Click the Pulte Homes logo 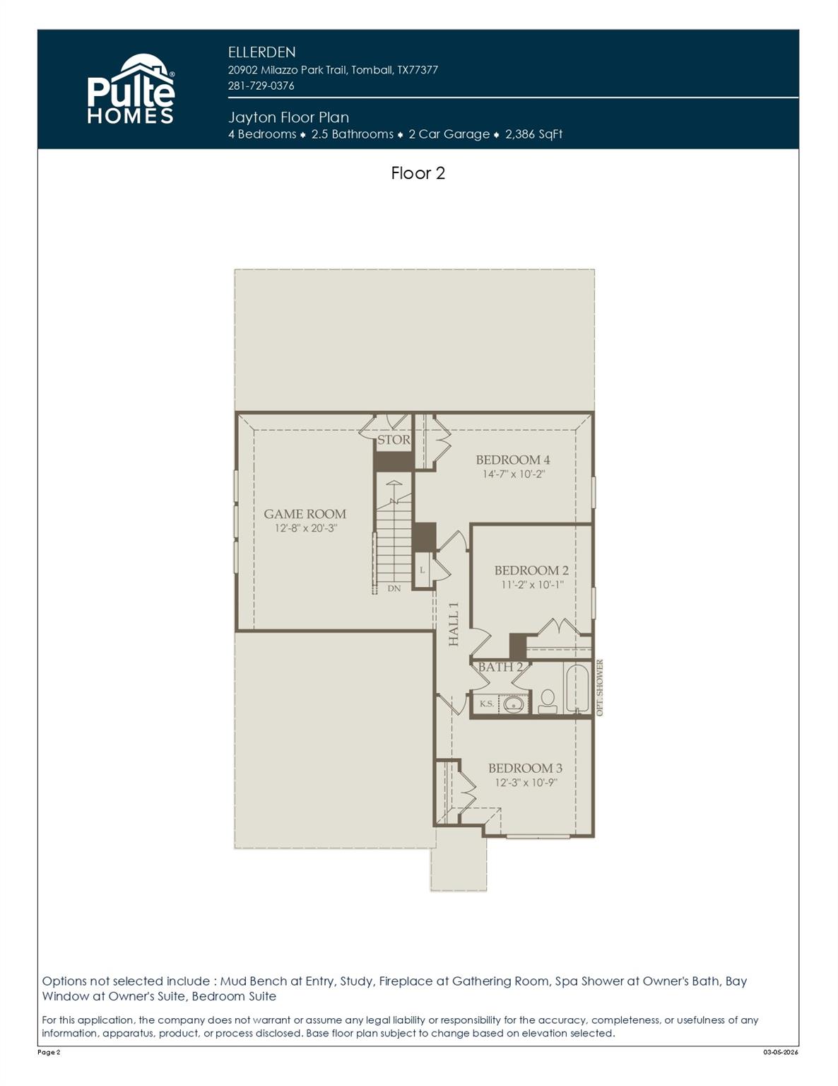coord(131,90)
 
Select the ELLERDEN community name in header coord(261,52)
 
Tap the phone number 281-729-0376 coord(261,86)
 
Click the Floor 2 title coord(418,173)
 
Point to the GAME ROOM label coord(305,514)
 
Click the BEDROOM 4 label coord(512,460)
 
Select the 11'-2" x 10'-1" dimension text coord(532,585)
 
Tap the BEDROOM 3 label coord(525,768)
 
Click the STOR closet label coord(394,439)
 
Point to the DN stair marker coord(394,588)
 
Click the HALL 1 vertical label coord(454,624)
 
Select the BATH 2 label coord(500,667)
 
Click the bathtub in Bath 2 coord(577,688)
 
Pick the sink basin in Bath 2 coord(513,704)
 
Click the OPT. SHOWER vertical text coord(600,688)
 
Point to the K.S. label coord(486,704)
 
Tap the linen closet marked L coord(422,571)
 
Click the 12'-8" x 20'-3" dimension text coord(305,528)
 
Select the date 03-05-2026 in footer coord(780,1053)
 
